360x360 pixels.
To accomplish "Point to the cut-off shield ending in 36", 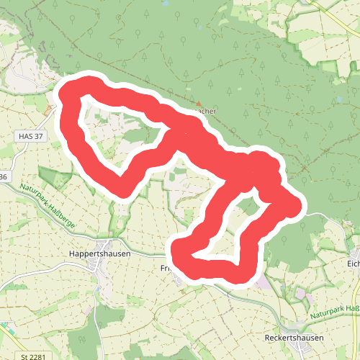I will point(4,176).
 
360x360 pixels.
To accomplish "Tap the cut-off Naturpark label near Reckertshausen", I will point(334,312).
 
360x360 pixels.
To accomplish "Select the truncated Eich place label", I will point(354,264).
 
